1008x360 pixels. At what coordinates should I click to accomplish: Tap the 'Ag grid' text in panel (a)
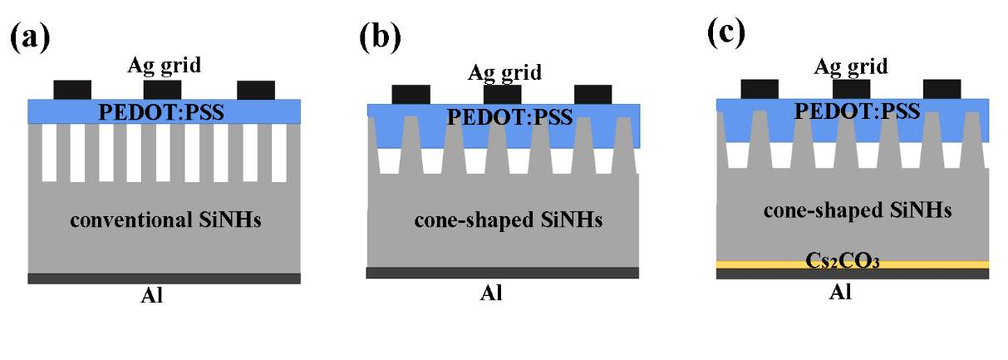[164, 65]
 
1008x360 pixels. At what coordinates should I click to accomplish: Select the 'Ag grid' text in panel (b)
[504, 72]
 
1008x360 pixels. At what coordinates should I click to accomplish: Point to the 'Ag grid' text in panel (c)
[850, 66]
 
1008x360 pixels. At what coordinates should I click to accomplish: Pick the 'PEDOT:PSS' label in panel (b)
[509, 116]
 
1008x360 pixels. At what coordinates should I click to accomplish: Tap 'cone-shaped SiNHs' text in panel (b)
[509, 221]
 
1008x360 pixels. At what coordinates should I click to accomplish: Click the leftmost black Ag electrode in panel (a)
[72, 90]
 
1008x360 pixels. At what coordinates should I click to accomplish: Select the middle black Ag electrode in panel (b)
[502, 94]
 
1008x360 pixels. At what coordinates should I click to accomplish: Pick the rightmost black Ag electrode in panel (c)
[942, 88]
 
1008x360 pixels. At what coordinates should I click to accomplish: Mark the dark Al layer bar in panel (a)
[164, 279]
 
